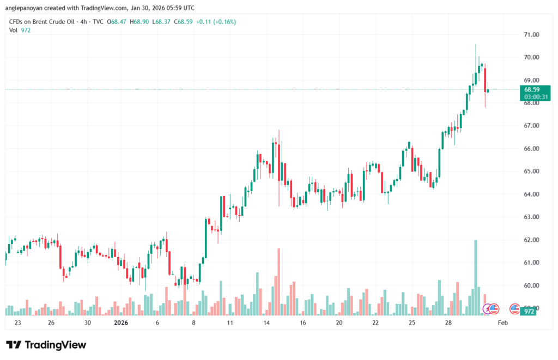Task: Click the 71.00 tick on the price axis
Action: click(x=531, y=34)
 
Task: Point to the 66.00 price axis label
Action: click(x=531, y=149)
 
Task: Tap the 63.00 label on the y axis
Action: click(x=531, y=217)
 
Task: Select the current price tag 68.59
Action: click(x=532, y=89)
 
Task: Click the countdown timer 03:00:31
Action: click(x=535, y=96)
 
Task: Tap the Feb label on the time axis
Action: click(x=503, y=323)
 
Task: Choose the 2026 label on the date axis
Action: click(x=120, y=323)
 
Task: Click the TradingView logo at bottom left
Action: click(x=46, y=345)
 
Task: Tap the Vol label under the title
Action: click(x=14, y=30)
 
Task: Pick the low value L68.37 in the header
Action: click(x=163, y=22)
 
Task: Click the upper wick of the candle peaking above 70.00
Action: click(x=476, y=52)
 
